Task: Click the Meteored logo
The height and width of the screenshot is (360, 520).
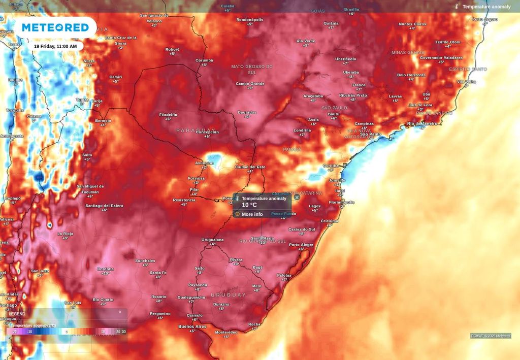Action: (55, 27)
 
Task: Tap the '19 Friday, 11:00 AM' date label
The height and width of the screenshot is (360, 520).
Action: (55, 46)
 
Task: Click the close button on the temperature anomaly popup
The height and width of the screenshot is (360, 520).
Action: (297, 198)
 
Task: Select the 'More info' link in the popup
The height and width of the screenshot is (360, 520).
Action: (252, 214)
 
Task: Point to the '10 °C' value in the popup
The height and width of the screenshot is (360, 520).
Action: (249, 205)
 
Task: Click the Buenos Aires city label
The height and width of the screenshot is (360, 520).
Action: (192, 326)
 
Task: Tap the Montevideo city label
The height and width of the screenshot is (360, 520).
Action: (226, 332)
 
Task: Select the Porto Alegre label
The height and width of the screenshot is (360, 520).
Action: (301, 245)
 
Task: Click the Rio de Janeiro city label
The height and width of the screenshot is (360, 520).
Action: (422, 123)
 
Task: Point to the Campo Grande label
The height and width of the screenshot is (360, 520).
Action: (250, 84)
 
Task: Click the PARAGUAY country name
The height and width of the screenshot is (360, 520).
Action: (196, 130)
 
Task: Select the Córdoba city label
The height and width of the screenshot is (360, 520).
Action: (105, 269)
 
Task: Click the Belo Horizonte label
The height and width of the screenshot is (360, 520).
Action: (411, 75)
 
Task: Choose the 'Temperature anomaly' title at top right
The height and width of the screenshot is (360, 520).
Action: (486, 7)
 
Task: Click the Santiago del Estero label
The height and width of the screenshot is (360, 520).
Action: (105, 205)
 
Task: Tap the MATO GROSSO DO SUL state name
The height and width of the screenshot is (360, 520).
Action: (252, 69)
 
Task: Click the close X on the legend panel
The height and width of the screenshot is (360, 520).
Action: (120, 312)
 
